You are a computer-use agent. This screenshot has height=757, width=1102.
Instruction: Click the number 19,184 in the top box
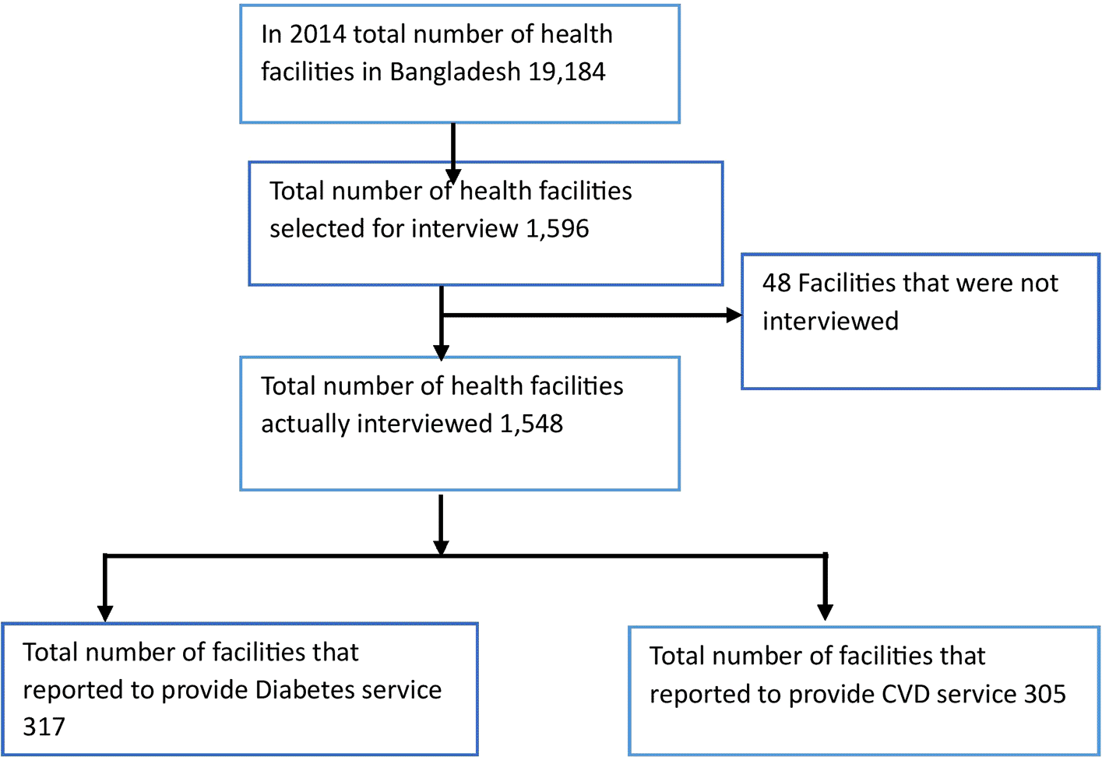pyautogui.click(x=566, y=72)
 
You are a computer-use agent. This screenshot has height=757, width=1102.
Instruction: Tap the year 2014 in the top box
pyautogui.click(x=317, y=34)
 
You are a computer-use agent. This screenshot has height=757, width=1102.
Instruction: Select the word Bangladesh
pyautogui.click(x=455, y=72)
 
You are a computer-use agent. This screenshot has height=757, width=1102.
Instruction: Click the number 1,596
pyautogui.click(x=557, y=229)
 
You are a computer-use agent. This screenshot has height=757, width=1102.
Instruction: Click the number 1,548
pyautogui.click(x=531, y=424)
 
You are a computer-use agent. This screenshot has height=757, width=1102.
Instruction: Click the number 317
pyautogui.click(x=44, y=727)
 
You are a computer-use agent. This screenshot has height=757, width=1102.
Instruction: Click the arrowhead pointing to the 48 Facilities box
pyautogui.click(x=734, y=315)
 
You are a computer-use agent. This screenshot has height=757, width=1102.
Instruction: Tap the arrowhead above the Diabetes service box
pyautogui.click(x=105, y=614)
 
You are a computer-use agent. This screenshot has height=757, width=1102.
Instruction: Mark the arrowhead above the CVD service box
pyautogui.click(x=825, y=611)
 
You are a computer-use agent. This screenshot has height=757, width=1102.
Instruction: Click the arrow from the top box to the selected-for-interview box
pyautogui.click(x=453, y=153)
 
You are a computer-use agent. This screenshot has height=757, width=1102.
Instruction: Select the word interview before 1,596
pyautogui.click(x=465, y=228)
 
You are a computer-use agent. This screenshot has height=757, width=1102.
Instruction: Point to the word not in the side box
pyautogui.click(x=1040, y=283)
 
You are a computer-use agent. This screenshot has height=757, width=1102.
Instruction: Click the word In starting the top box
pyautogui.click(x=271, y=34)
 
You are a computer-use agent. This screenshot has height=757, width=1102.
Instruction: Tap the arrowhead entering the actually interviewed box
pyautogui.click(x=442, y=353)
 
